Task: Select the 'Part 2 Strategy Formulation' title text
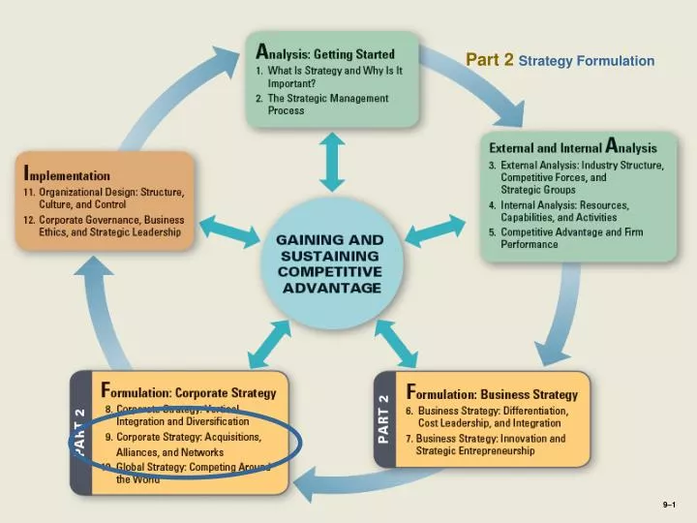point(560,61)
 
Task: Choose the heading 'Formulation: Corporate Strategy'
point(189,393)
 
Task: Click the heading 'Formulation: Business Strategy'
point(493,394)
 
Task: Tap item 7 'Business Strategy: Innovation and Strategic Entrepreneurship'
point(491,445)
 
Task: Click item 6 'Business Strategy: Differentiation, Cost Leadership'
point(491,416)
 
